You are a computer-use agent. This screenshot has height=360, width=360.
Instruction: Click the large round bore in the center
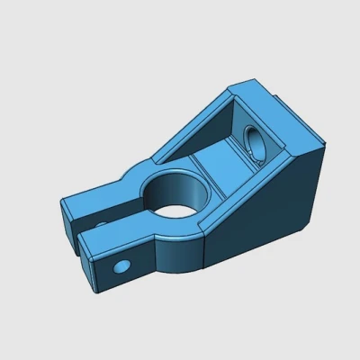click(177, 193)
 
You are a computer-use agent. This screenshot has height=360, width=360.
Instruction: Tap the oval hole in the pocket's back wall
click(255, 147)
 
